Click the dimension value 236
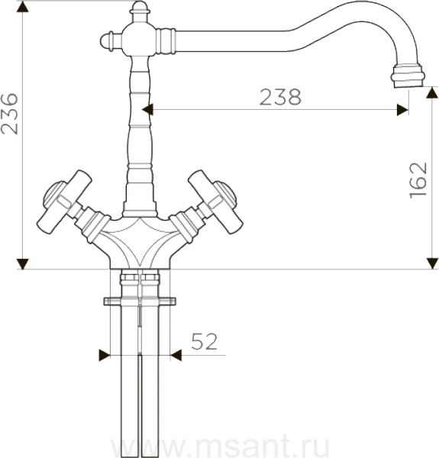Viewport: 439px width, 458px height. point(9,114)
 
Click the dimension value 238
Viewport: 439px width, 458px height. point(280,97)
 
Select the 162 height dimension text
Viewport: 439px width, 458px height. point(418,180)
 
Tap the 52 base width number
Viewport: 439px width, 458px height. point(205,341)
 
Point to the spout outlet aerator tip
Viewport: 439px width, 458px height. point(407,76)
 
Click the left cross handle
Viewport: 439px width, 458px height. point(65,202)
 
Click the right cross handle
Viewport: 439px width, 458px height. point(215,202)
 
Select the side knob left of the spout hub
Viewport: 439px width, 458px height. point(111,41)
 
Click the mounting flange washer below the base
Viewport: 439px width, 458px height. point(140,302)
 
